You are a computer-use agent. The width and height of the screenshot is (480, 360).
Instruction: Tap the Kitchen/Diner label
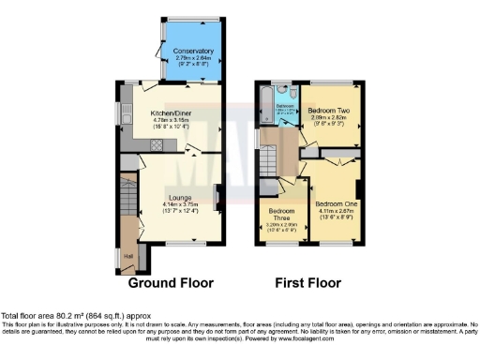(172, 112)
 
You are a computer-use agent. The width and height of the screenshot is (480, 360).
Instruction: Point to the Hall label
(128, 253)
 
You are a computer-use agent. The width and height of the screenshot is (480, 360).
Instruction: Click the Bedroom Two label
(328, 111)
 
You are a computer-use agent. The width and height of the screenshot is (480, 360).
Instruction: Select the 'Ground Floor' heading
(171, 282)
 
